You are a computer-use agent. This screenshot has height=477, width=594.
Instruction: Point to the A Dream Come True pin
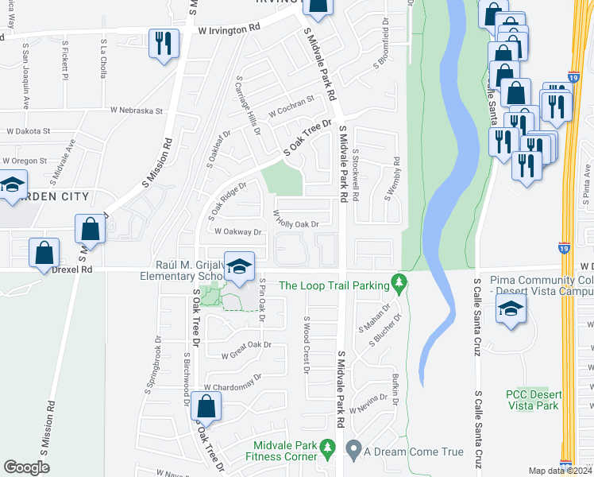(x=354, y=452)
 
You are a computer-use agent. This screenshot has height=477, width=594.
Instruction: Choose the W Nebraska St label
(x=136, y=111)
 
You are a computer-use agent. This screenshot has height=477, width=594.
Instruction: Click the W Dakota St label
(x=28, y=131)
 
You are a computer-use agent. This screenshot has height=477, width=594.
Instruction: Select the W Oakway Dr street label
(x=238, y=232)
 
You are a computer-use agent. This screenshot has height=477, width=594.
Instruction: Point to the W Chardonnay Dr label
(x=232, y=382)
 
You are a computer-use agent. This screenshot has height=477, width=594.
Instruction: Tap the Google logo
(x=27, y=467)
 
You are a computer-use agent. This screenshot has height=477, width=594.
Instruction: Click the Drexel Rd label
(x=71, y=270)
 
